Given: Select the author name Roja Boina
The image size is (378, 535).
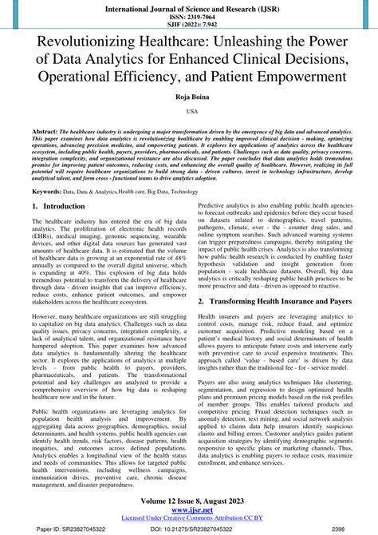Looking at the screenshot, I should point(190,99).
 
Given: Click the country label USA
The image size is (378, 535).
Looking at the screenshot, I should point(190,113).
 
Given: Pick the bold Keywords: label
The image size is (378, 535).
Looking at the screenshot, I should point(48,192).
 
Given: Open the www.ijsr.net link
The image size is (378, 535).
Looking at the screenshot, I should point(190,511).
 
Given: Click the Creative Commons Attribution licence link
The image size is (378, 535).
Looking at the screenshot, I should point(190,519).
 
